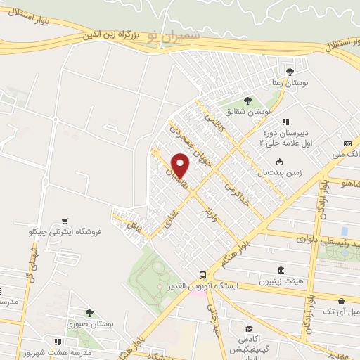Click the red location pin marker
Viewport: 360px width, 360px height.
click(181, 165)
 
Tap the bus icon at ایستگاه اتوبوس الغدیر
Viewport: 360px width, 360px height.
click(202, 275)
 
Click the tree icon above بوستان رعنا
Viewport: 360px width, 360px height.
click(290, 71)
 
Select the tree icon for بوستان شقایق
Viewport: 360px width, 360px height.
click(247, 101)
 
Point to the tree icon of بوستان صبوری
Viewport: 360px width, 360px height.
click(89, 314)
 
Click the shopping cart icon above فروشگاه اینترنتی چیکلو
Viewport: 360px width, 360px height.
click(65, 221)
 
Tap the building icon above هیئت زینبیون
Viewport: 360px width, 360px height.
click(281, 271)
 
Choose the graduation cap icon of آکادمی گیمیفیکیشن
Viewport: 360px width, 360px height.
click(249, 328)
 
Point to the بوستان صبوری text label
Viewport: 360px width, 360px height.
click(87, 325)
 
